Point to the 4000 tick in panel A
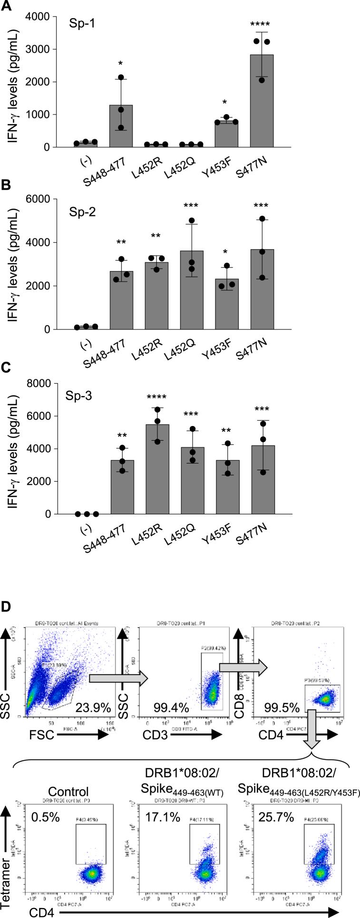(42, 17)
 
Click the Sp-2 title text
(83, 212)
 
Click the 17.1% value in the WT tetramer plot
(160, 817)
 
